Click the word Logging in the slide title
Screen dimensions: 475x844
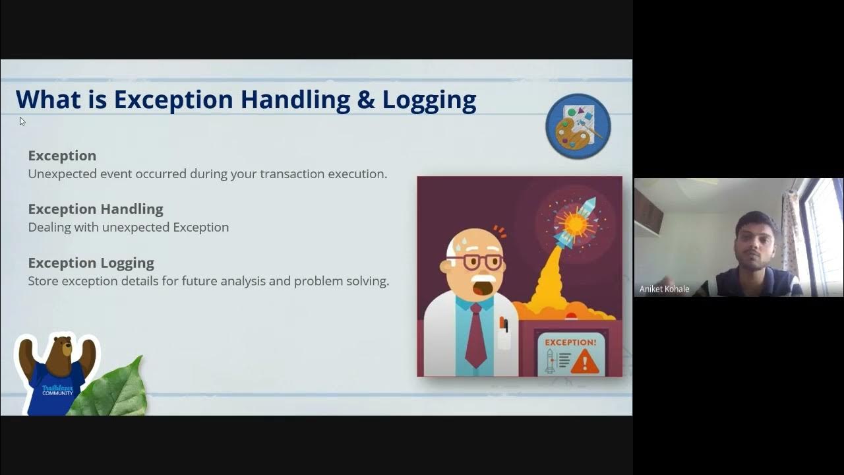(x=429, y=100)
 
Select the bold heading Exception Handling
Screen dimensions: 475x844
(x=96, y=209)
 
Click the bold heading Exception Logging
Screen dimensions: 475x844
(x=91, y=263)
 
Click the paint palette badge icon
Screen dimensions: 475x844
(x=578, y=126)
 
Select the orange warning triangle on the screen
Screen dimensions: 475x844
(x=584, y=362)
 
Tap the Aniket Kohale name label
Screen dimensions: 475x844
(x=664, y=289)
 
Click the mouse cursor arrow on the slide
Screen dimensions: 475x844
(x=22, y=121)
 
